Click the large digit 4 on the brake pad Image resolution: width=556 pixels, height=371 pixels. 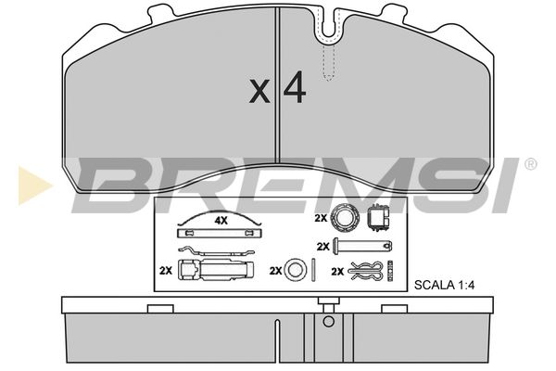tap(295, 87)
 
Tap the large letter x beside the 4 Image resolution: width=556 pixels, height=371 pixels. tap(259, 92)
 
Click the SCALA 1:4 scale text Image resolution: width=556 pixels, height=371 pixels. tap(444, 285)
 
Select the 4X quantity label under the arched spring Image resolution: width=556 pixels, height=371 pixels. tap(221, 221)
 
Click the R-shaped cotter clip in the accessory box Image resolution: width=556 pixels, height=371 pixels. tap(366, 271)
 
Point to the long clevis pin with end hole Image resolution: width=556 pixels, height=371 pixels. tap(362, 246)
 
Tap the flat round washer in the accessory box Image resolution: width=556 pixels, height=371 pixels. tap(295, 270)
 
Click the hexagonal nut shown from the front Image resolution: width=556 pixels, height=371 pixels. tap(345, 217)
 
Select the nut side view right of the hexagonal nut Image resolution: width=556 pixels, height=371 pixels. tap(378, 218)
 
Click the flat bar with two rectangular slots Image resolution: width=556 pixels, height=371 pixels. tap(219, 233)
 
